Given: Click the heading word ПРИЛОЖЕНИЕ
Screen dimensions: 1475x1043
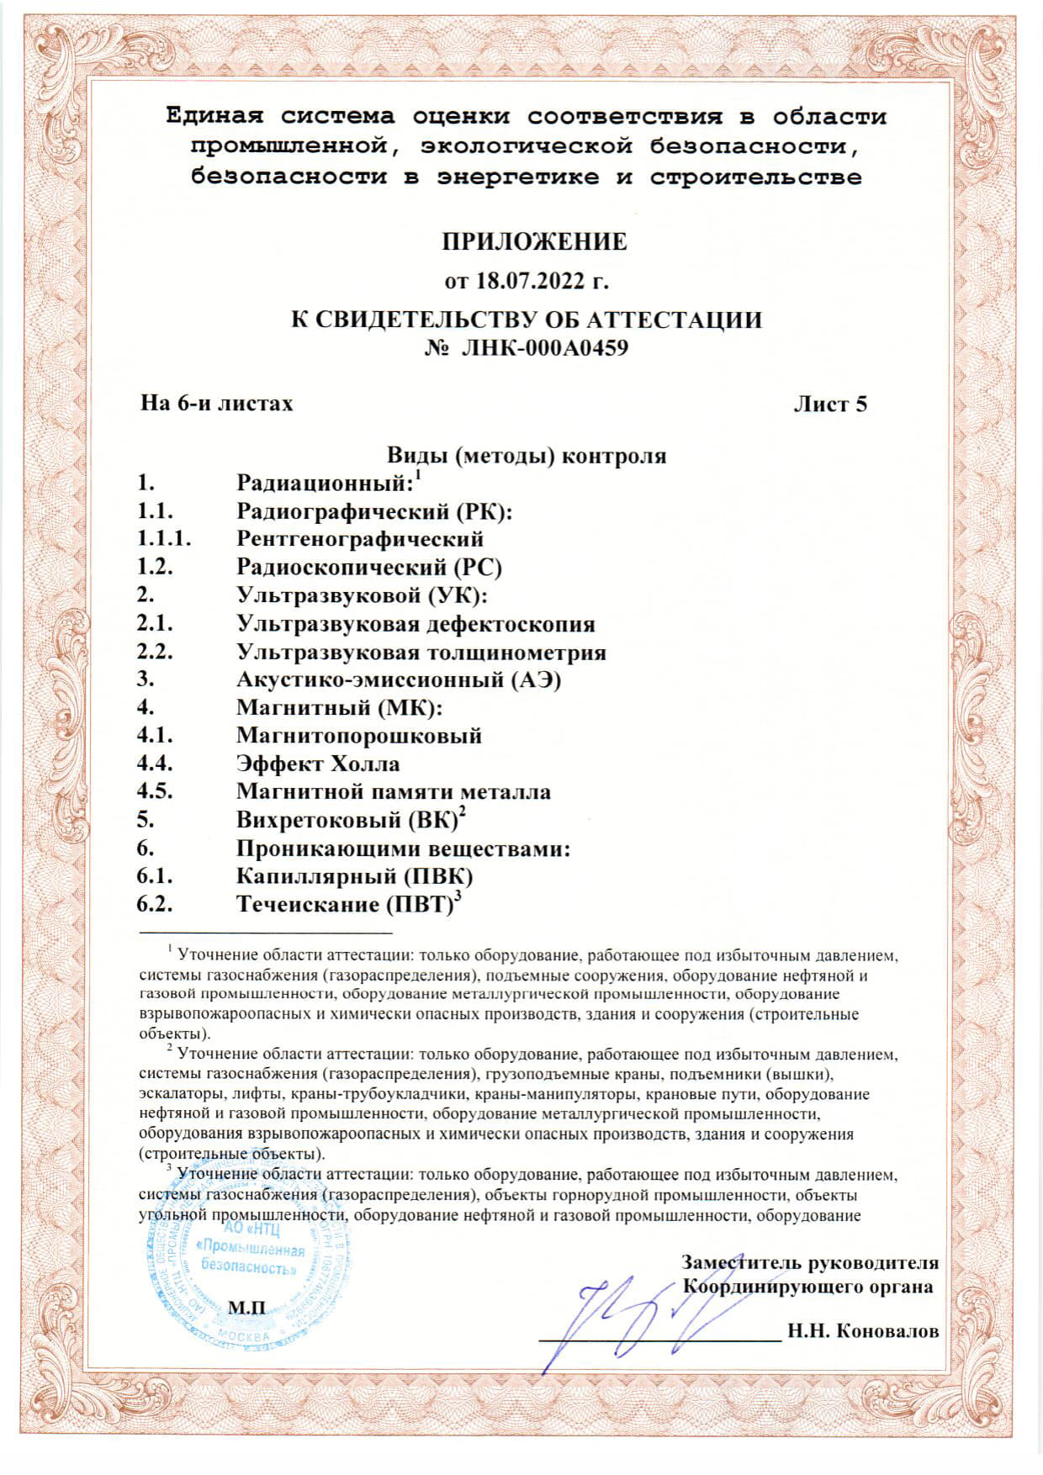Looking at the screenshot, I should [534, 242].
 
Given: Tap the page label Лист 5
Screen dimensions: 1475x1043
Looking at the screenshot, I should [830, 404].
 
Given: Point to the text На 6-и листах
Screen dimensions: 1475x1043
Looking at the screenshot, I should [216, 404].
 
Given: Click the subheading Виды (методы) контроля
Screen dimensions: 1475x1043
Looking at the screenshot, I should [527, 456].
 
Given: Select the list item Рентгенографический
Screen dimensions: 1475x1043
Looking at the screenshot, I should [360, 539].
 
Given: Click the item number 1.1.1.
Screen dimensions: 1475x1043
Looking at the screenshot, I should [164, 539].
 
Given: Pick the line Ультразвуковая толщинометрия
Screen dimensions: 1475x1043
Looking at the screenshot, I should [421, 653].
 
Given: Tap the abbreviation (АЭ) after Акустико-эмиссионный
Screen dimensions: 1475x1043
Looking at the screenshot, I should [536, 680].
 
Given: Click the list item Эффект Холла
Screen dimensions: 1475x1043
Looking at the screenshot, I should [318, 764].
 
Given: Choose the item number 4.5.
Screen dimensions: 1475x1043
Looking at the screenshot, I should [155, 792].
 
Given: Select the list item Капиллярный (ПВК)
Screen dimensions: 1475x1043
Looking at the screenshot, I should [354, 876].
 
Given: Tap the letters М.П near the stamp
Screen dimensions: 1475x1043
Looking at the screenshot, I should [246, 1308].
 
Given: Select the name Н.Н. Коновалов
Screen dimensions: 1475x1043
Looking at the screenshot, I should [862, 1331].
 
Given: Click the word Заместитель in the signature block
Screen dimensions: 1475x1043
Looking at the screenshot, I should [741, 1263].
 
